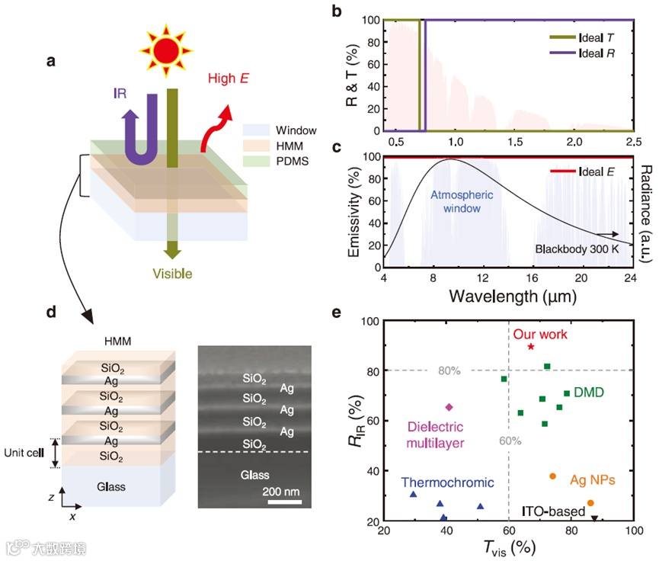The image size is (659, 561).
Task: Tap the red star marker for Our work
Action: [531, 347]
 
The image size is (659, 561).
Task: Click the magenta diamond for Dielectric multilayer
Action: [449, 407]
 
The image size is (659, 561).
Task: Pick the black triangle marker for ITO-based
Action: [594, 520]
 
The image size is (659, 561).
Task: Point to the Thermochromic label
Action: [448, 482]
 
